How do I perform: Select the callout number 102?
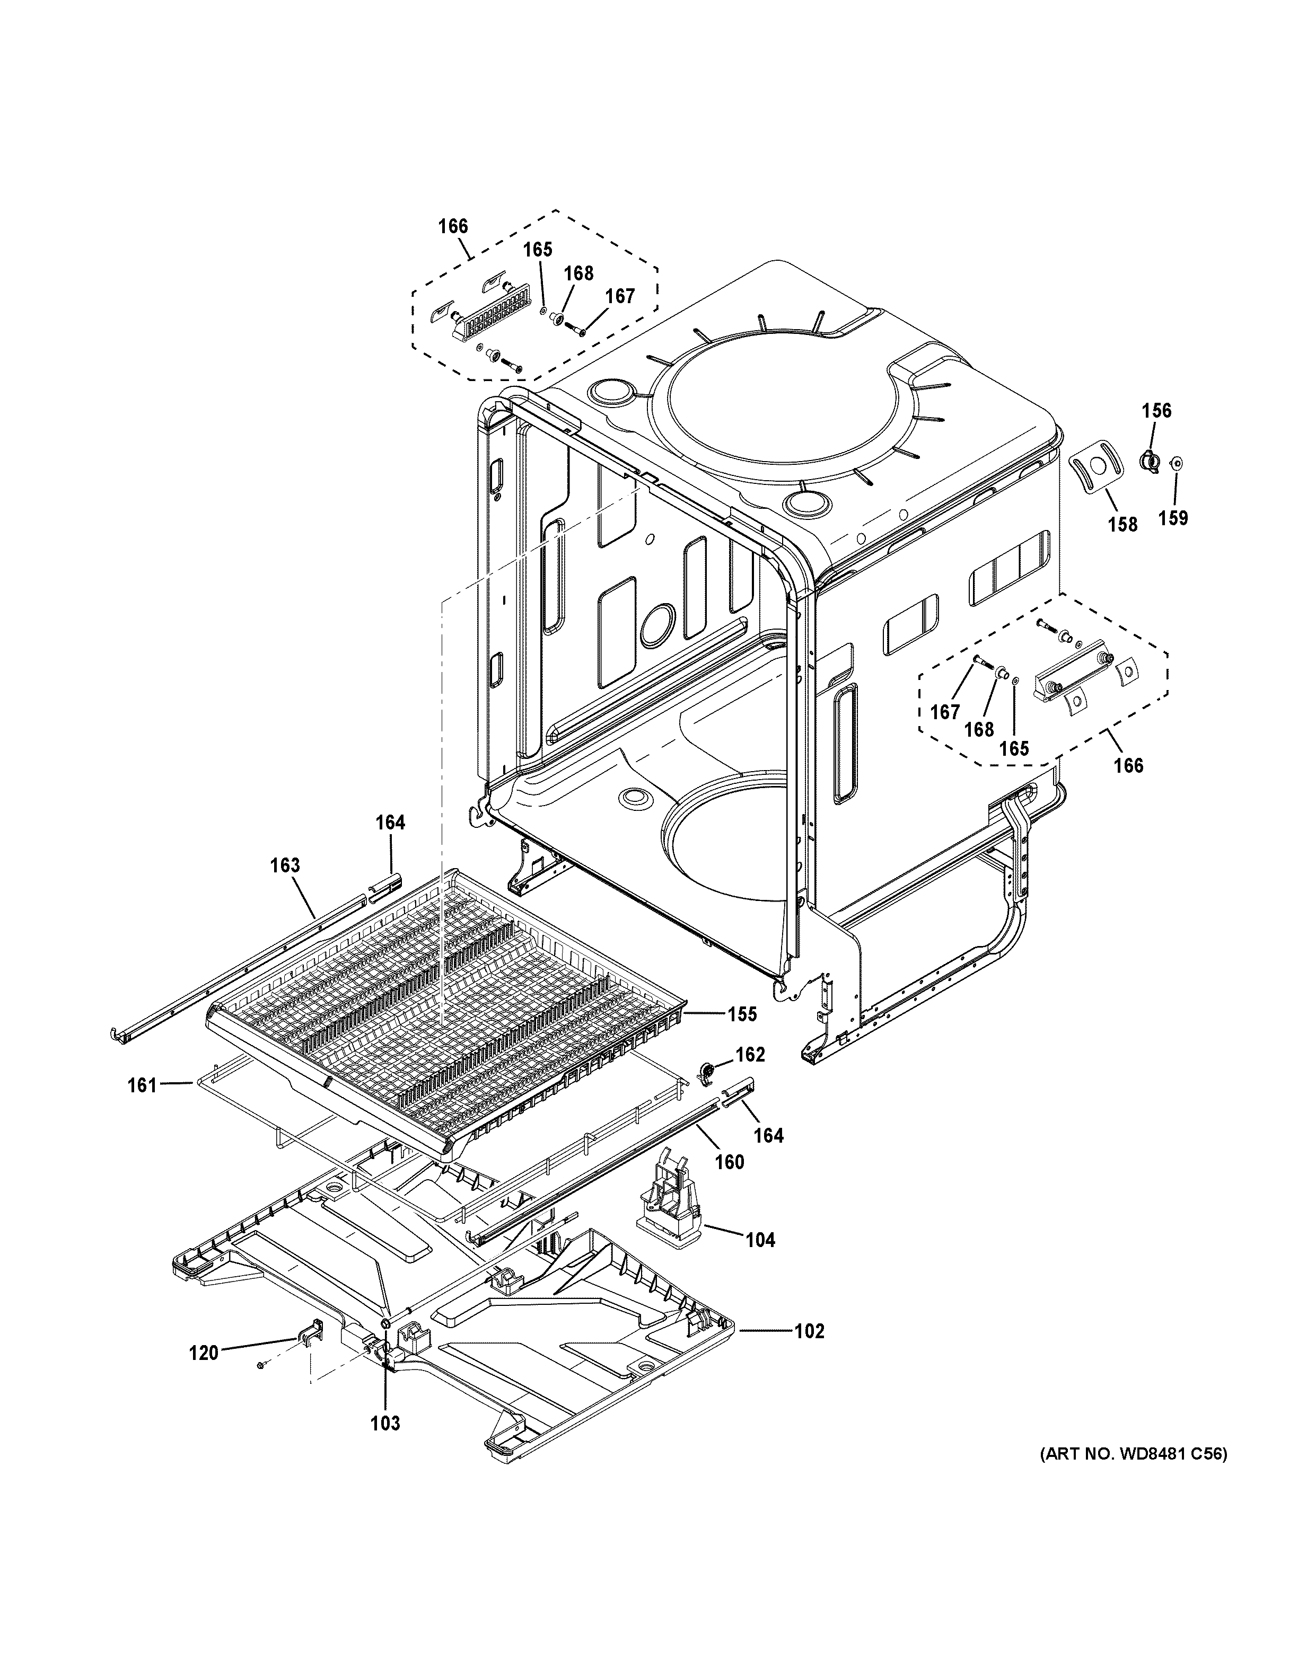(809, 1331)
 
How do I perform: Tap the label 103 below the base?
(385, 1423)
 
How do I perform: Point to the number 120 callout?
(204, 1353)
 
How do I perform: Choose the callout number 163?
(285, 865)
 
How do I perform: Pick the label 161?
(142, 1085)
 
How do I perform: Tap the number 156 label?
(1156, 411)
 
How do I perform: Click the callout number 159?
(1173, 518)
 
